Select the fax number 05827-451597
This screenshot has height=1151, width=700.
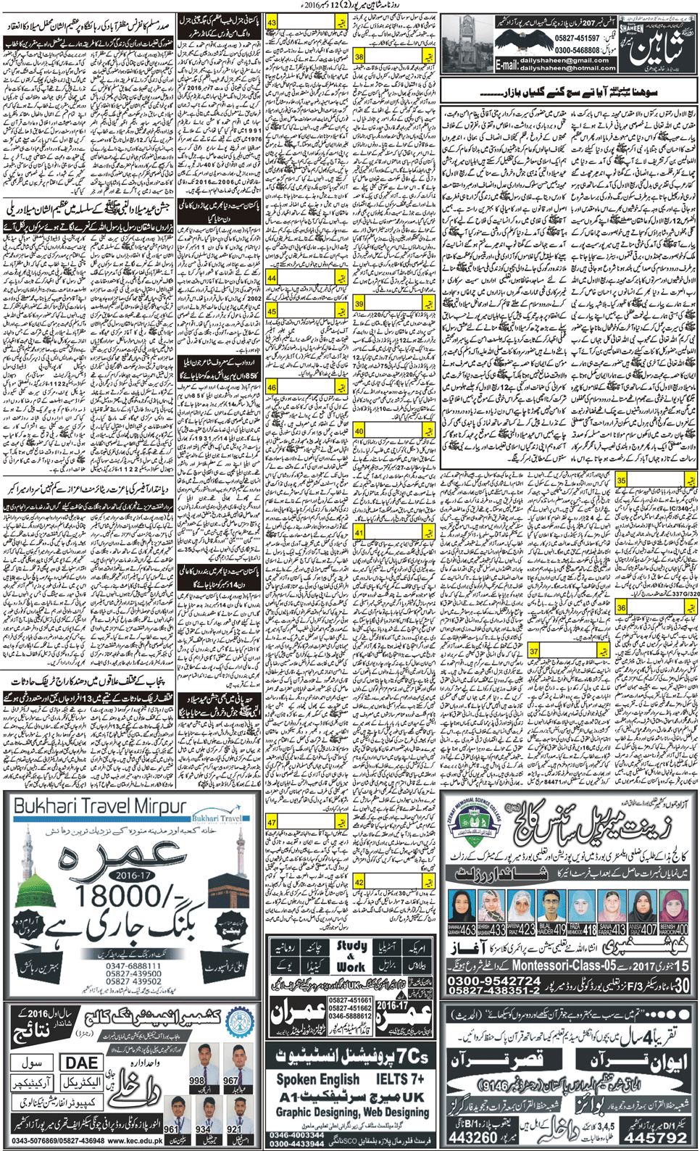click(x=577, y=38)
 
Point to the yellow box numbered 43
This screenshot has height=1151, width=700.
click(x=272, y=22)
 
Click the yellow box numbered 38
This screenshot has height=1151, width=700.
click(x=359, y=56)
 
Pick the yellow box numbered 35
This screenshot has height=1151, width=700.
click(x=621, y=480)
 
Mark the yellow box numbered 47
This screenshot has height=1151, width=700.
click(x=272, y=822)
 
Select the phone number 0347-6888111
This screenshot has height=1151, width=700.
click(x=132, y=966)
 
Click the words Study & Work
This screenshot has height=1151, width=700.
click(x=351, y=956)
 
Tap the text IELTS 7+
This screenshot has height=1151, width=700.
click(x=400, y=1079)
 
